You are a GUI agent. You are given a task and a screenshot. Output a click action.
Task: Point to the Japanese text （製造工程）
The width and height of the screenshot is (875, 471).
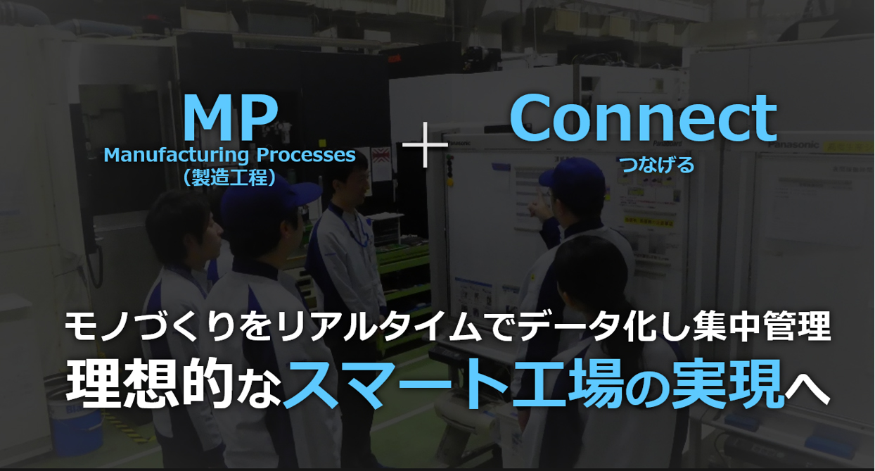click(x=229, y=177)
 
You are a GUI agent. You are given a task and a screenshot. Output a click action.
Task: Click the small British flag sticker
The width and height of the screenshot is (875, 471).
click(x=381, y=155)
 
